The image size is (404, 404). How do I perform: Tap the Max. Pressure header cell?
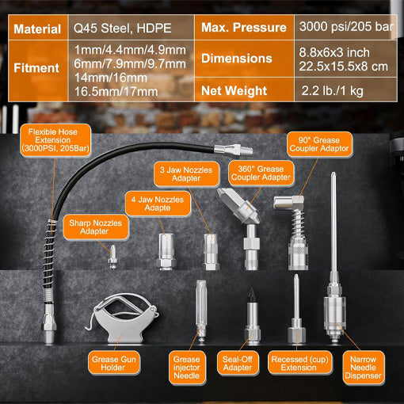tap(244, 29)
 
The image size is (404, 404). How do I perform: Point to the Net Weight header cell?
tap(244, 89)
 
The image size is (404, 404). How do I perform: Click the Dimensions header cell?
tap(244, 59)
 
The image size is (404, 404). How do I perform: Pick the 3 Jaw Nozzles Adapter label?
tap(185, 173)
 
